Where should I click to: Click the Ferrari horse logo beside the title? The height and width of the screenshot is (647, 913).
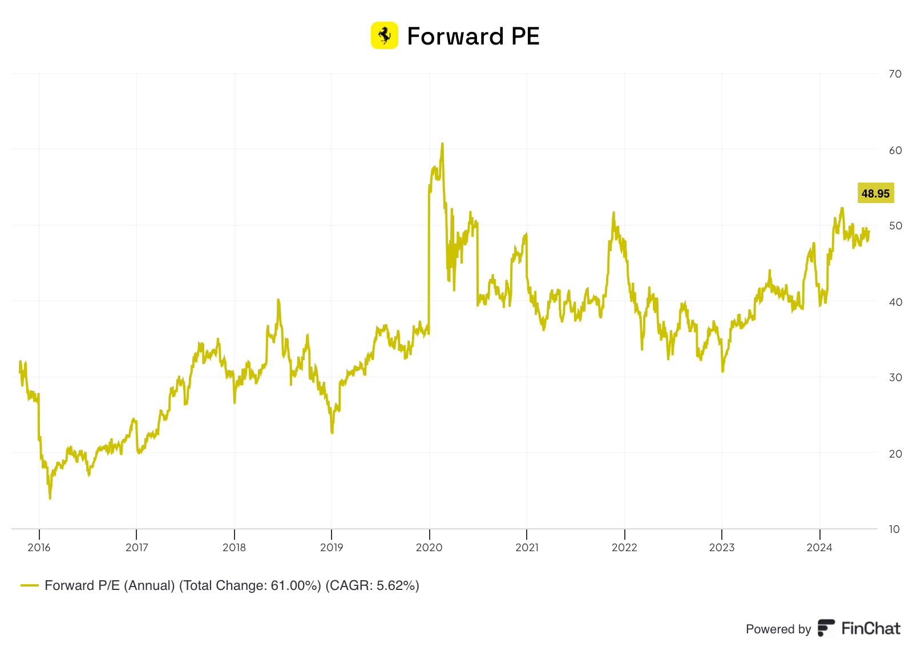(384, 35)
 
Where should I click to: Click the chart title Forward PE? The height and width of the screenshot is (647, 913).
(473, 37)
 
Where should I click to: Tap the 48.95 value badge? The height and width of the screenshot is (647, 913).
(875, 193)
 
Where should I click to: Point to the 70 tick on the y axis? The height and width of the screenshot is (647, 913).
(895, 74)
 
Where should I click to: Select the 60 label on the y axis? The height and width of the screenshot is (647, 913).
(895, 151)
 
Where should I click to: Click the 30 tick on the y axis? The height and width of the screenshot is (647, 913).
(895, 378)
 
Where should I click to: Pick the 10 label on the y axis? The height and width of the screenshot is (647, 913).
(894, 529)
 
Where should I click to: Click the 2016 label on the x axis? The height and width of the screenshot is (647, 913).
(39, 548)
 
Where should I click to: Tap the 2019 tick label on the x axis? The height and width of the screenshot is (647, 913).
(332, 548)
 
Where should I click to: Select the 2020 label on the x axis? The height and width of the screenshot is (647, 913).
(429, 548)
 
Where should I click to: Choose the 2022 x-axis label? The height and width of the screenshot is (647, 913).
(624, 548)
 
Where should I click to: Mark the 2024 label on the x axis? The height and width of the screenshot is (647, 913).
(819, 548)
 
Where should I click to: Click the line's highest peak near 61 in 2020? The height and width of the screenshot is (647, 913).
(442, 144)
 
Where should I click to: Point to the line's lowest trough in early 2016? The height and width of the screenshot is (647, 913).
(50, 498)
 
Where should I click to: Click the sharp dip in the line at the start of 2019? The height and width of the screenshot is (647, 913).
(332, 432)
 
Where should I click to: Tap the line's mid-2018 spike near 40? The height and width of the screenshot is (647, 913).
(278, 300)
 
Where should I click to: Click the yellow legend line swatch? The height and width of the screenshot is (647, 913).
(30, 585)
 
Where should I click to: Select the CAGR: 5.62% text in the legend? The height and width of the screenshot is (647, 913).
(372, 585)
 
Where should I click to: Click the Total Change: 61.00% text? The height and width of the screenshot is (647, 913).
(251, 585)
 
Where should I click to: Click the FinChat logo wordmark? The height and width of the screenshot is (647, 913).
(870, 629)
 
